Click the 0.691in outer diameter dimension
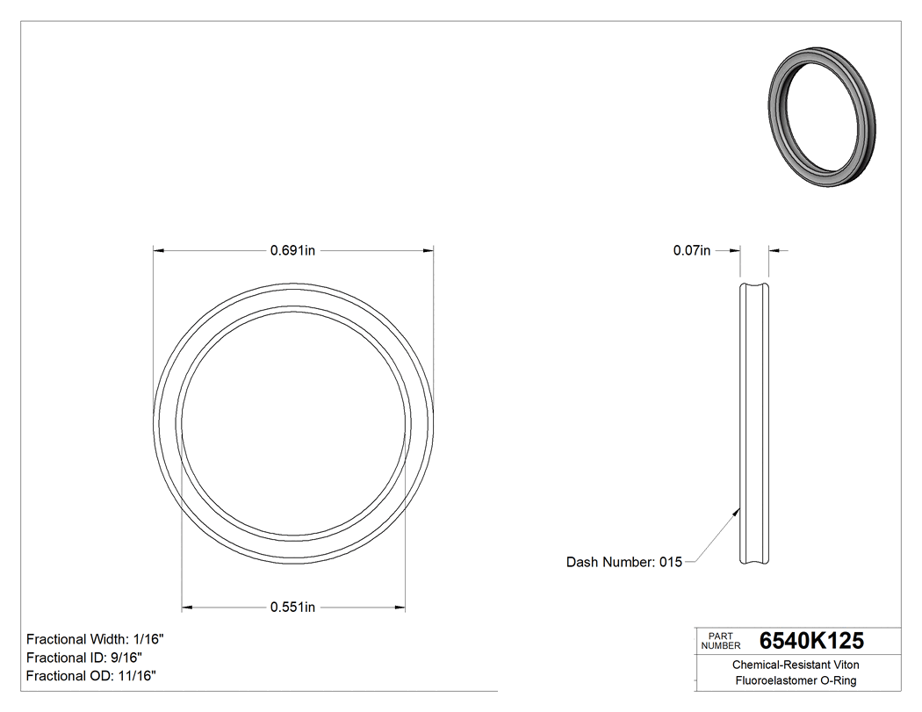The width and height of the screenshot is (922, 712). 292,250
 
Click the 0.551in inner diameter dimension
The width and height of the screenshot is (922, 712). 292,607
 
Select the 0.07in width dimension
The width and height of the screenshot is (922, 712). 691,250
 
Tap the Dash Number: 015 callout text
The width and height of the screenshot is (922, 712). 623,562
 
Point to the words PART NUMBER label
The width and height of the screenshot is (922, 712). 720,640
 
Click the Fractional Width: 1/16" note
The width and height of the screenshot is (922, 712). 95,639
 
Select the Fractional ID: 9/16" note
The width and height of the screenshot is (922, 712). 84,658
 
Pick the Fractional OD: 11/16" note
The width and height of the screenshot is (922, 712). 91,676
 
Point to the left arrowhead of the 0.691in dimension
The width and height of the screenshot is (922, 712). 159,250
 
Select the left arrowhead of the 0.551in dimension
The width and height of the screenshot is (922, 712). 187,607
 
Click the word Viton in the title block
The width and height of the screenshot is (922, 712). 844,665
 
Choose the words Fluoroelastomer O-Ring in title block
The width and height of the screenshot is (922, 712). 796,680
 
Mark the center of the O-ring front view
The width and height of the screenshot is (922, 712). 293,423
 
